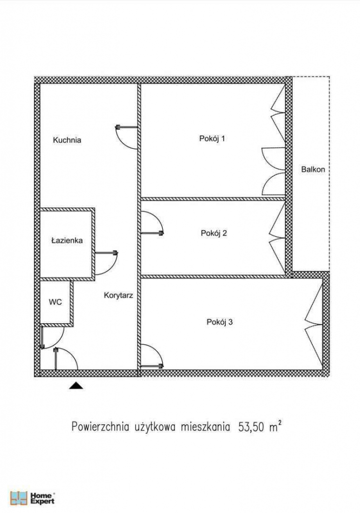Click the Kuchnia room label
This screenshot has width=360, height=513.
pyautogui.click(x=67, y=140)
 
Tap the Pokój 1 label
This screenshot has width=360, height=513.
pyautogui.click(x=212, y=139)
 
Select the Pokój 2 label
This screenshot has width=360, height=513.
pyautogui.click(x=214, y=232)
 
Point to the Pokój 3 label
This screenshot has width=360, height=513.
pyautogui.click(x=219, y=322)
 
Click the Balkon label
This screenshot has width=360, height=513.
pyautogui.click(x=313, y=169)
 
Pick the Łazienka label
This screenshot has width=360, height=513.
pyautogui.click(x=67, y=240)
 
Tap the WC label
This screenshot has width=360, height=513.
pyautogui.click(x=55, y=302)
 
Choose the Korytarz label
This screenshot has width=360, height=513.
pyautogui.click(x=118, y=296)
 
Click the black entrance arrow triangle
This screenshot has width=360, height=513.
pyautogui.click(x=76, y=385)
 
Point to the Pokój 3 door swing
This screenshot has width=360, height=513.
pyautogui.click(x=152, y=356)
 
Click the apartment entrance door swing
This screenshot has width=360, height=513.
pyautogui.click(x=66, y=359)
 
